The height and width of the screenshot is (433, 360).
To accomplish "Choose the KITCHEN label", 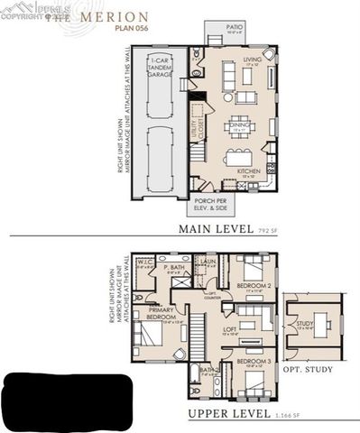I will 248,170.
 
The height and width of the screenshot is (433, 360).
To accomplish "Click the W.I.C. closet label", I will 145,263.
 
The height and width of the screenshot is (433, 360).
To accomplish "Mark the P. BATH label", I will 174,268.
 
